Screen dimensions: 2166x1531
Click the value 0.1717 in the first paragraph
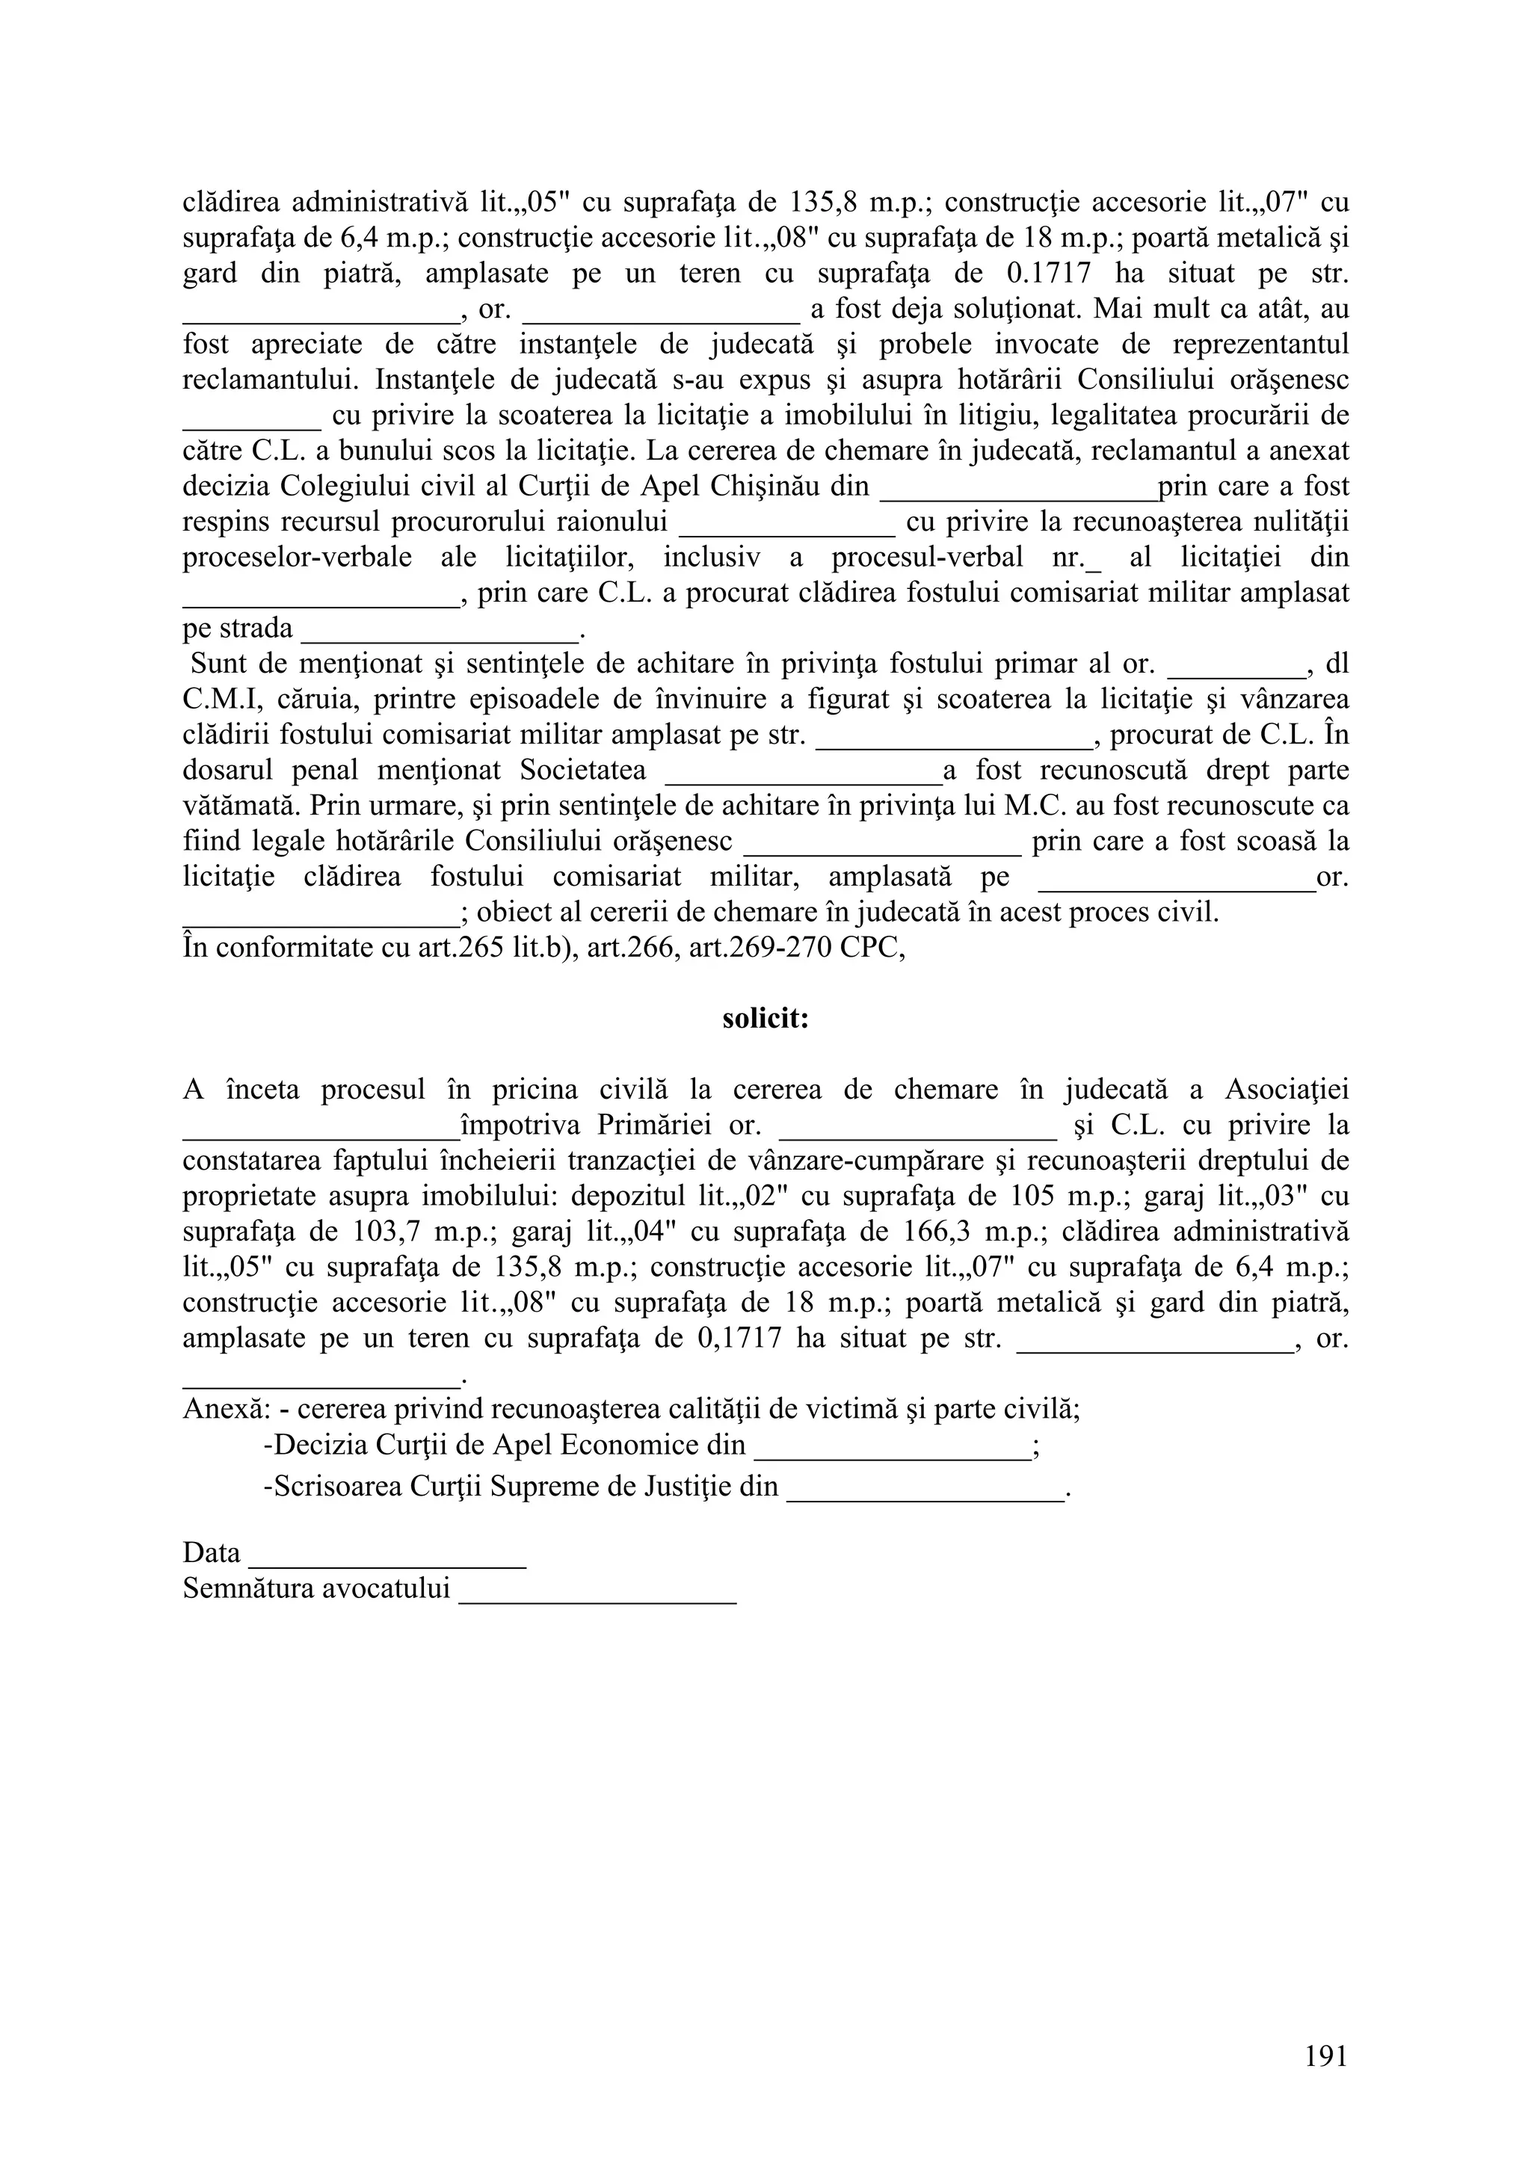[1049, 274]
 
